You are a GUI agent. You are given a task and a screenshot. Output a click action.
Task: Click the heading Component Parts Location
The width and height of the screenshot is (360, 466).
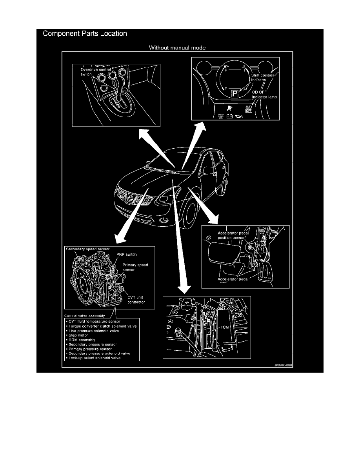(85, 34)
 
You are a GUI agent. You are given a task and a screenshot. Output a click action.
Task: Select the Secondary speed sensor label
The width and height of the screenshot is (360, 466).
(88, 249)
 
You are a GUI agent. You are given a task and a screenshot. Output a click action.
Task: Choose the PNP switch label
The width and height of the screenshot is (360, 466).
(126, 255)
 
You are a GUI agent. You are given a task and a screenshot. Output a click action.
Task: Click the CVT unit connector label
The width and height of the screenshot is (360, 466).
(136, 300)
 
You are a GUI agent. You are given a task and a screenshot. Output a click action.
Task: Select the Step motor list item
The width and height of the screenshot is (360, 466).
(78, 336)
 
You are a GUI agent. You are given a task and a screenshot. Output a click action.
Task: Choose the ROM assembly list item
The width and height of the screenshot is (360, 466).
(81, 340)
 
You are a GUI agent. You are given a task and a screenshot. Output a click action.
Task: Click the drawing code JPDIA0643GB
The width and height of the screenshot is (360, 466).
(284, 364)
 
